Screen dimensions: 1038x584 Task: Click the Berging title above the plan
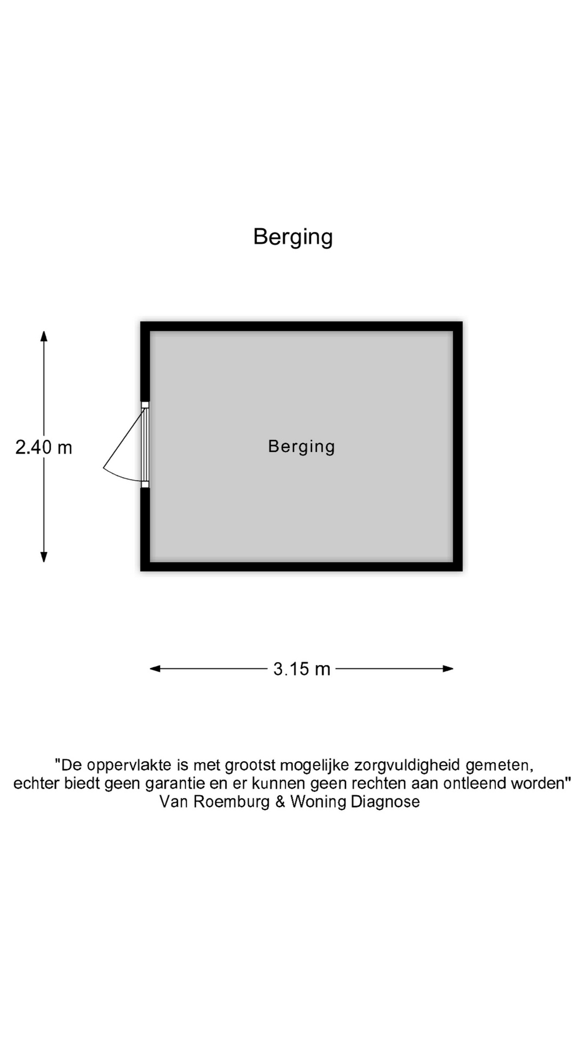293,237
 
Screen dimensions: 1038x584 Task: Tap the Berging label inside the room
301,447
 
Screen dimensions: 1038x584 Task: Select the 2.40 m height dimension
44,448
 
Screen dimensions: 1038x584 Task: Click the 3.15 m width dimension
301,669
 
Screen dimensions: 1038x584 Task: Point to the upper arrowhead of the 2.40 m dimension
44,336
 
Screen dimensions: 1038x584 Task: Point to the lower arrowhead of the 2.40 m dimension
44,557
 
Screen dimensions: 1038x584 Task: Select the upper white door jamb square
145,405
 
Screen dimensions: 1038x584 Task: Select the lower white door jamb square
145,484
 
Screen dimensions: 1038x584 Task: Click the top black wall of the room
301,326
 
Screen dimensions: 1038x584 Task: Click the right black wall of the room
458,447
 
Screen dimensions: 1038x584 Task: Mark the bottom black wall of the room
301,567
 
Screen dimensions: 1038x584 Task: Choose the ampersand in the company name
280,801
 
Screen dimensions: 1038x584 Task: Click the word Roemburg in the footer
231,801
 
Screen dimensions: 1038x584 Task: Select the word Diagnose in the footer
385,801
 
